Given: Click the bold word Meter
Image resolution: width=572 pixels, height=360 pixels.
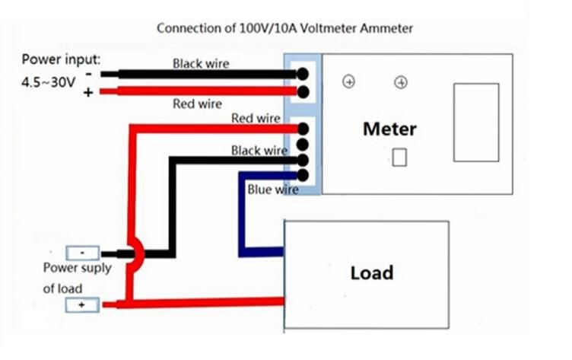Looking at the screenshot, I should point(389,129).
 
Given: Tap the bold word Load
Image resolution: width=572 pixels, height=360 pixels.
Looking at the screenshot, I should point(372,272).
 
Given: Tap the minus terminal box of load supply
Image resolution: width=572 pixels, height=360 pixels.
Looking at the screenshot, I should point(82,253).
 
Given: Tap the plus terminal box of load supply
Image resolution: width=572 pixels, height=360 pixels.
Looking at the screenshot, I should point(82,305).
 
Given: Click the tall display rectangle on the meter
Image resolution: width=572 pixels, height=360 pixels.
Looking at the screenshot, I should point(475,122).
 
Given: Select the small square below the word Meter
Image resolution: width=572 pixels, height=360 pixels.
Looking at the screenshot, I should point(399,158).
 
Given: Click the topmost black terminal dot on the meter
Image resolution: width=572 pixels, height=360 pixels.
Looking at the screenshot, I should point(303,74).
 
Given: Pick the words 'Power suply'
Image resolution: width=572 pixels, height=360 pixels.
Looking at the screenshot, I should point(77,268).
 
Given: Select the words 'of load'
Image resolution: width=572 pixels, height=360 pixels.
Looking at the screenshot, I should point(62,288).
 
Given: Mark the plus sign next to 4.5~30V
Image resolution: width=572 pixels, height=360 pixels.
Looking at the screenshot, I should point(89,91).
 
